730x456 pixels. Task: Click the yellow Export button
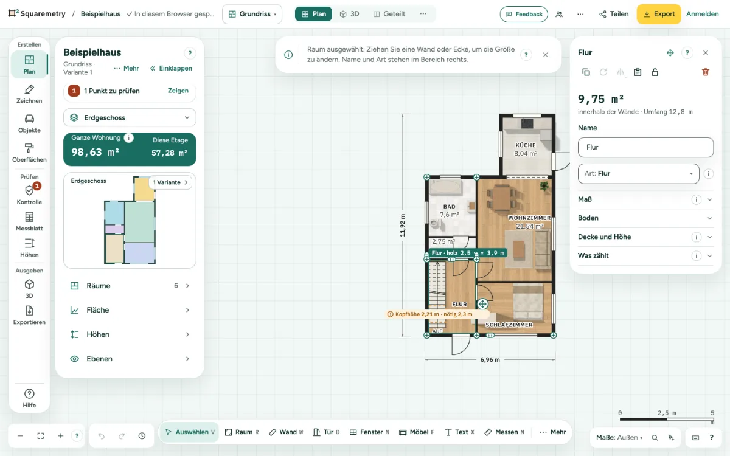[659, 14]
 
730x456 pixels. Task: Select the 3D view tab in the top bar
[349, 14]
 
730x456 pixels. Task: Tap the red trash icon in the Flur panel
[705, 72]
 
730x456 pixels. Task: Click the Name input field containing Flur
[645, 147]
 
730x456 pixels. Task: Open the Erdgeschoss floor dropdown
[130, 117]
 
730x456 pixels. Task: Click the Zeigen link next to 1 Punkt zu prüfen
[178, 91]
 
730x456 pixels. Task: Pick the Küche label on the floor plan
[526, 145]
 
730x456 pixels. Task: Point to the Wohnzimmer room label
[529, 218]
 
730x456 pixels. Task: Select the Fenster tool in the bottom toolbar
[369, 432]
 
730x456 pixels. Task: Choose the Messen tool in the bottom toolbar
[504, 432]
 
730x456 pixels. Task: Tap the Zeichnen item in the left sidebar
[29, 94]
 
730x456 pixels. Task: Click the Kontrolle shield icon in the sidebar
[29, 190]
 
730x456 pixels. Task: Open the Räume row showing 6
[130, 286]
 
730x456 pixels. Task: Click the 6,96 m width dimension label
[490, 359]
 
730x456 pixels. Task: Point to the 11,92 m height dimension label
[403, 226]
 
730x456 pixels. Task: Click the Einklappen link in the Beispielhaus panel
[171, 68]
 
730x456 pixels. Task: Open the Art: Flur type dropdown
[638, 174]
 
